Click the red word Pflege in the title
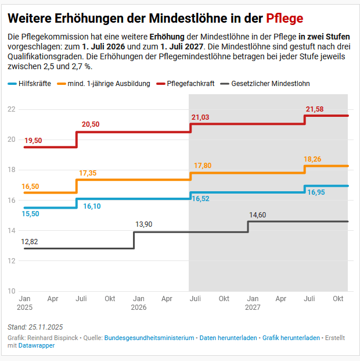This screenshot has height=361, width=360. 285,18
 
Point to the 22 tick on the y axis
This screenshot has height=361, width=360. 12,109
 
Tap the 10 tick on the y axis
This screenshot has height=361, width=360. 12,291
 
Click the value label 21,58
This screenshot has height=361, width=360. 315,109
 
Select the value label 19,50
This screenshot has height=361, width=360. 33,141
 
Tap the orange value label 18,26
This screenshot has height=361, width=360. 313,159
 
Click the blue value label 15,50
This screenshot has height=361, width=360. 31,214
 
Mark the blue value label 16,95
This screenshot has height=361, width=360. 316,192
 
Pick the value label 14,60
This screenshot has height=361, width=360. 258,215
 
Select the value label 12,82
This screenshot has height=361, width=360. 30,241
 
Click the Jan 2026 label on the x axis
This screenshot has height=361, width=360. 139,303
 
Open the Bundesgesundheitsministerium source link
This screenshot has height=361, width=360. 149,338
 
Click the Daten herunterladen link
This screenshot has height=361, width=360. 228,338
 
